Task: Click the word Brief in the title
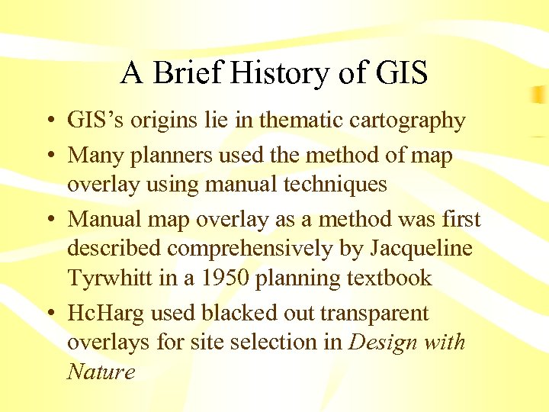[186, 73]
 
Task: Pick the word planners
[162, 156]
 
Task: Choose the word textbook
[387, 278]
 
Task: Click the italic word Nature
[101, 372]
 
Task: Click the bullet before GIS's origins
[49, 121]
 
